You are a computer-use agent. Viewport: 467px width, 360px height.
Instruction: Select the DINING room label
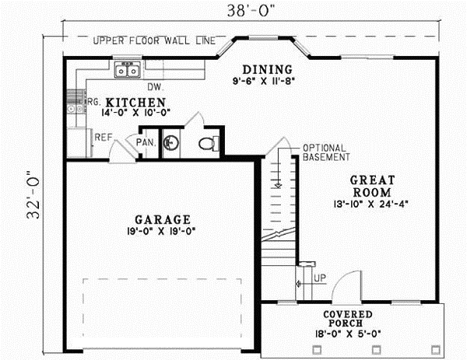pos(266,68)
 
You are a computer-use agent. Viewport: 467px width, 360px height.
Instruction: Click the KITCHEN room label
pos(135,102)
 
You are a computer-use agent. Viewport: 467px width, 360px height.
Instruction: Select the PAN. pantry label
pos(145,143)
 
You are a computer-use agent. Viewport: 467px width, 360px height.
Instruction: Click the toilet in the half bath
pos(207,143)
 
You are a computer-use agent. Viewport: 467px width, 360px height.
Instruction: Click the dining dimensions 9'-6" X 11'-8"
pos(266,79)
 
